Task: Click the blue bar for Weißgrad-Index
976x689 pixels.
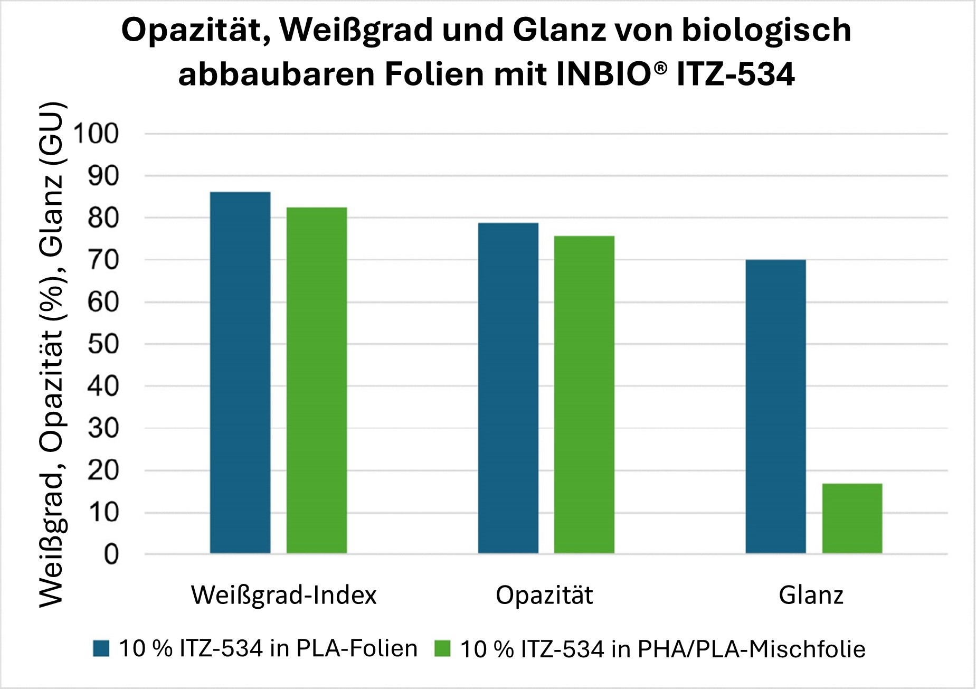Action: pos(240,372)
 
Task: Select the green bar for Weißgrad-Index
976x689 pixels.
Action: pos(317,380)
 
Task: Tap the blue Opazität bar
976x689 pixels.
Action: pos(508,388)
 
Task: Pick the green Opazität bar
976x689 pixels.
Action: pos(584,394)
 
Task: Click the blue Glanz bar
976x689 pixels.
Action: pos(775,407)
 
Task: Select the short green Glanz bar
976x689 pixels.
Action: pos(852,518)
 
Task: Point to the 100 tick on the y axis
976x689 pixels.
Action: pos(96,134)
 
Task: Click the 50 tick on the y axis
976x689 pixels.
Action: pos(103,344)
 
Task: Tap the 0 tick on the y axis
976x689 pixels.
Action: pos(111,555)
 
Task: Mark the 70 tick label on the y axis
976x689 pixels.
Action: pos(103,260)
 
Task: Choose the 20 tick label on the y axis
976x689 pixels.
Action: pos(103,470)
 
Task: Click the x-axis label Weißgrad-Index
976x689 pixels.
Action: pos(284,596)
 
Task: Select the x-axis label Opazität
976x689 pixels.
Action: pos(544,596)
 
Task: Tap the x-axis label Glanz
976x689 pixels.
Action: pos(811,596)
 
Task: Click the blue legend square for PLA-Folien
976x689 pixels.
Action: pos(101,648)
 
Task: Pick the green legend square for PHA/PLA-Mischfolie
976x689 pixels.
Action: pos(442,648)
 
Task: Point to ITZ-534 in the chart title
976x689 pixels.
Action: pos(735,74)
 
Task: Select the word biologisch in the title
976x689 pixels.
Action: pos(766,31)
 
